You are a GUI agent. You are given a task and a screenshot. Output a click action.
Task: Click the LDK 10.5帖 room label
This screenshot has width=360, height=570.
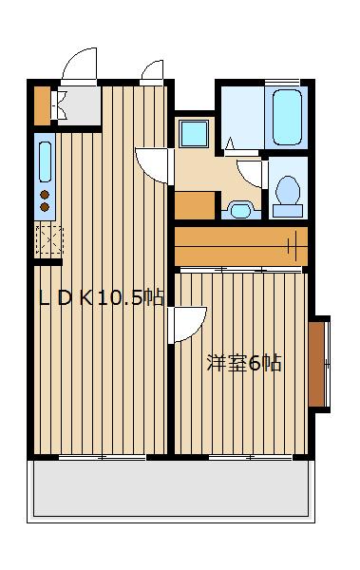coord(101,297)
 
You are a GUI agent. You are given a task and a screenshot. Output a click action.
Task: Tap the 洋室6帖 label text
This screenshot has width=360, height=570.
coord(244,363)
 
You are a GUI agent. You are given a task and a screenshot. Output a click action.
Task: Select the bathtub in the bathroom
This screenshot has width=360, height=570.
coord(287,117)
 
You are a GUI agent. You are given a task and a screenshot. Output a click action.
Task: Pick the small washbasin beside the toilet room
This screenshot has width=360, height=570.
coord(240,208)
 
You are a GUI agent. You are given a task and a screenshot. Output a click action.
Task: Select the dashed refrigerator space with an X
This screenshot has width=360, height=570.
coord(48,241)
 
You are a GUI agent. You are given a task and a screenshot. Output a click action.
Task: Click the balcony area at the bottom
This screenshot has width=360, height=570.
coord(171,490)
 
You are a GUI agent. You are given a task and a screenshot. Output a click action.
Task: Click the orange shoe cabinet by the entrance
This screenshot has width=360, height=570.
coord(42,105)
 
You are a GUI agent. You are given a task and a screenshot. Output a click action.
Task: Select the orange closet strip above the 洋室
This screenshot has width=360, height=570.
coord(240,247)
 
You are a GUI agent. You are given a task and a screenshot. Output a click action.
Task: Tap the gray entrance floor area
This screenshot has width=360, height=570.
coord(80,105)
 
